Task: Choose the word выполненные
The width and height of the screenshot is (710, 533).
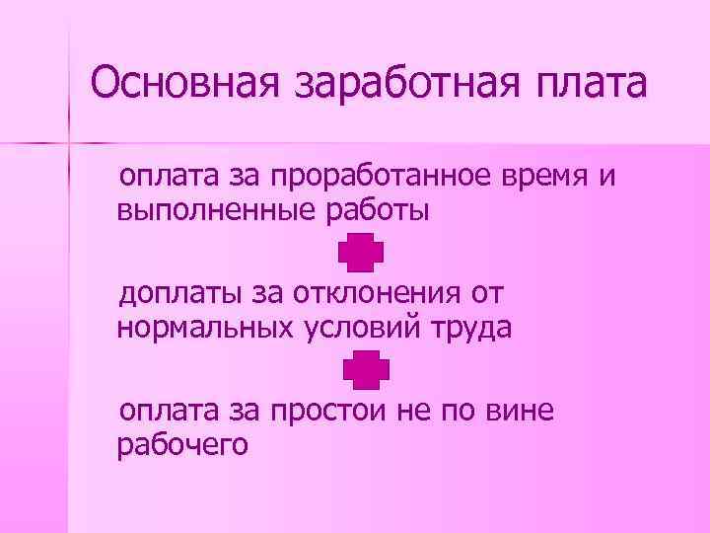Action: [196, 210]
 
